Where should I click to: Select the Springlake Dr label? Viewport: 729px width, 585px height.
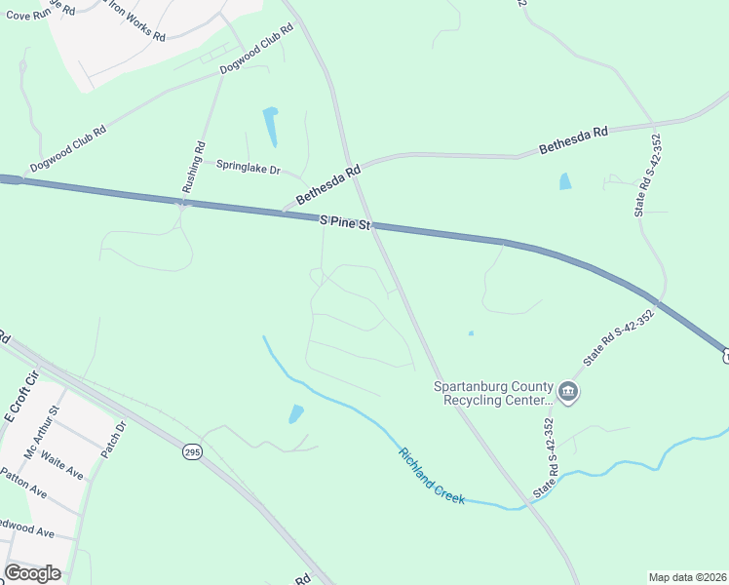click(x=248, y=167)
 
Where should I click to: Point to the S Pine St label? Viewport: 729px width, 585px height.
click(x=346, y=224)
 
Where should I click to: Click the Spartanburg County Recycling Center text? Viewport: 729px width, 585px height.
click(x=494, y=392)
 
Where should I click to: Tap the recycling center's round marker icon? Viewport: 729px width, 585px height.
click(x=570, y=394)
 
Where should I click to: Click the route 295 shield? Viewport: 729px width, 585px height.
click(x=192, y=453)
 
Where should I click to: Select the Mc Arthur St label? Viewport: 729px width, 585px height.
click(x=42, y=440)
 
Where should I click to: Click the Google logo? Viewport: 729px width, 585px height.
click(x=32, y=573)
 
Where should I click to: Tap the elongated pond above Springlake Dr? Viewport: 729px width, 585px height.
click(x=270, y=126)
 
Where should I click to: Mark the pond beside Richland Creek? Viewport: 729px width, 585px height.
click(x=295, y=414)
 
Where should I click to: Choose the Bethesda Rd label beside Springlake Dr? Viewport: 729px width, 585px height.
click(x=328, y=183)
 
